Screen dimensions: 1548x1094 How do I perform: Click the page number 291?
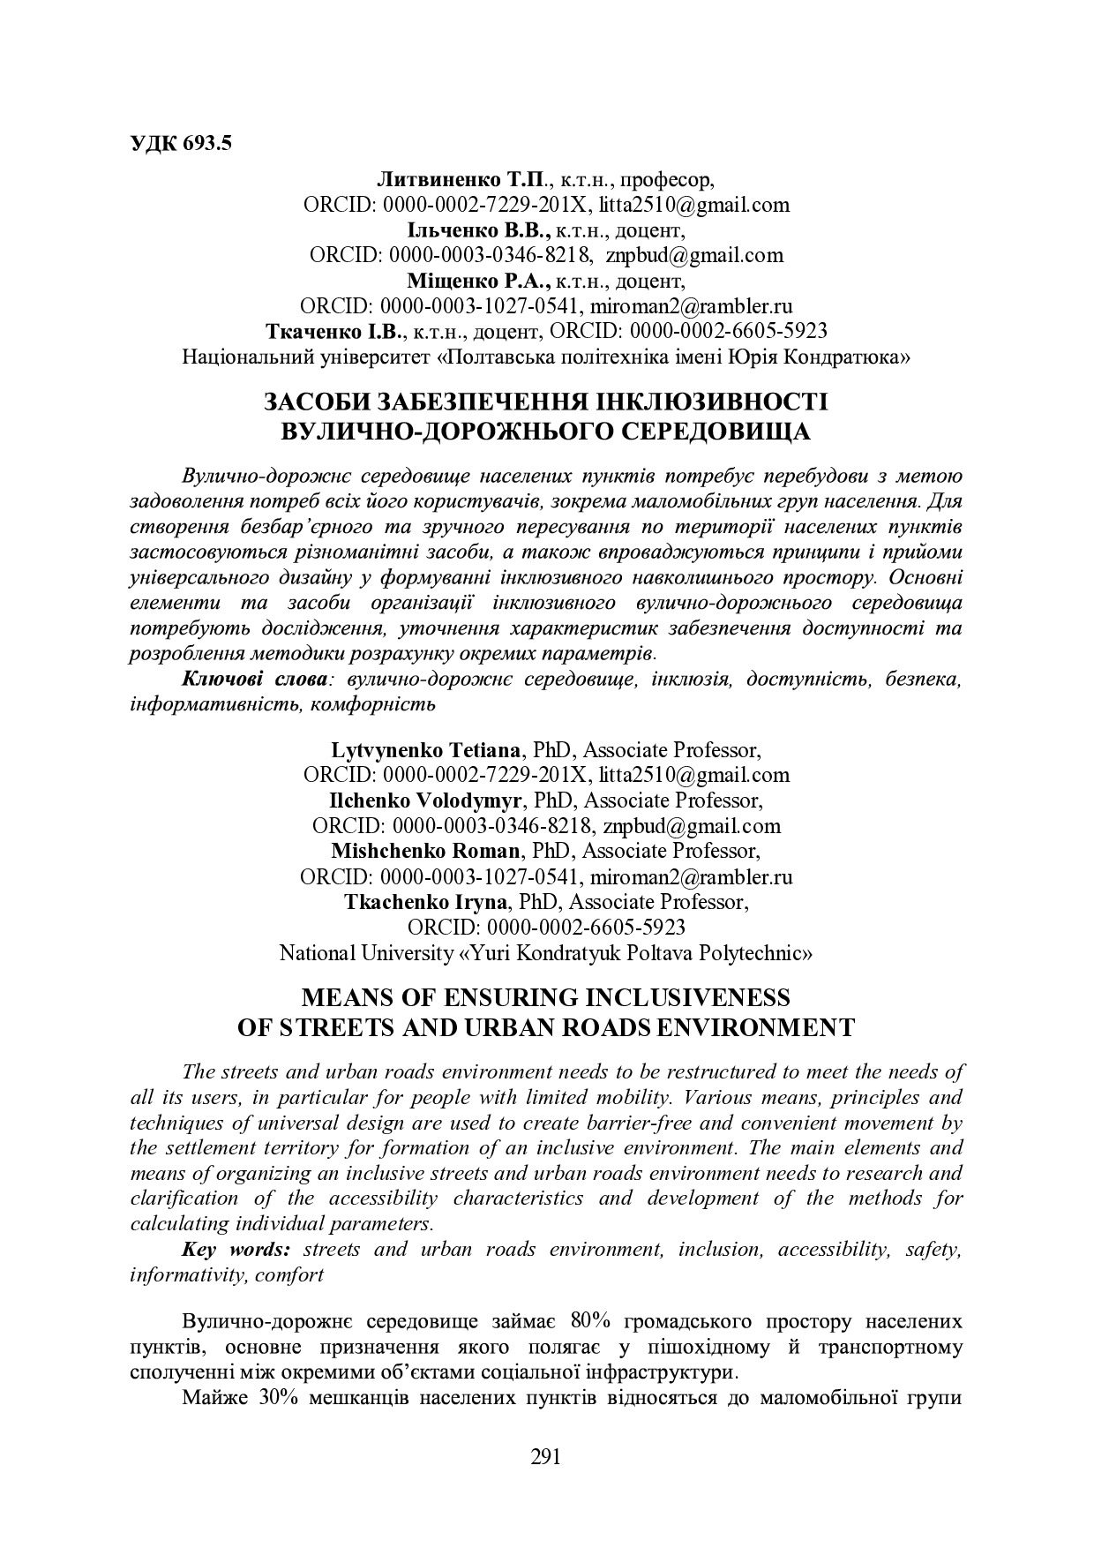546,1456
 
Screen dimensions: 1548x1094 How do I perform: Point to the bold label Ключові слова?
255,680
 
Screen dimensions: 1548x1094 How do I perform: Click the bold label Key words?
236,1250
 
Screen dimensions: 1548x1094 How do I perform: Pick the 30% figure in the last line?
281,1399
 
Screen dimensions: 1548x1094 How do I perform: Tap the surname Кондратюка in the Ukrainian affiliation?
848,357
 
